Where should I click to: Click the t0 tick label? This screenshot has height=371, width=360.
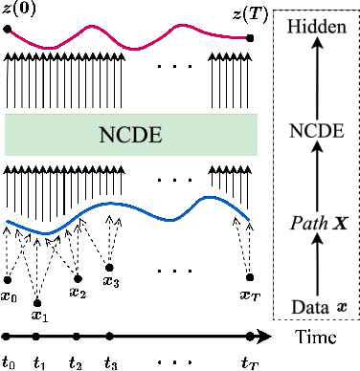click(x=9, y=361)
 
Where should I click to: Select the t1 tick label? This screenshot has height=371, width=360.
click(x=39, y=361)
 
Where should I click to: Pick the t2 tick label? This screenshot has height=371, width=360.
click(x=77, y=361)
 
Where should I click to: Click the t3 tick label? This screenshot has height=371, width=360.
click(x=111, y=361)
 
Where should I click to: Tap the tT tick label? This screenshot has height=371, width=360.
click(x=250, y=361)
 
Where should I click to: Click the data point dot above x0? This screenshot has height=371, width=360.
click(x=9, y=279)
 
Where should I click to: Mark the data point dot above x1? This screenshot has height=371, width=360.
click(x=38, y=296)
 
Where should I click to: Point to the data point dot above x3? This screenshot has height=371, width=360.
click(x=111, y=267)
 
